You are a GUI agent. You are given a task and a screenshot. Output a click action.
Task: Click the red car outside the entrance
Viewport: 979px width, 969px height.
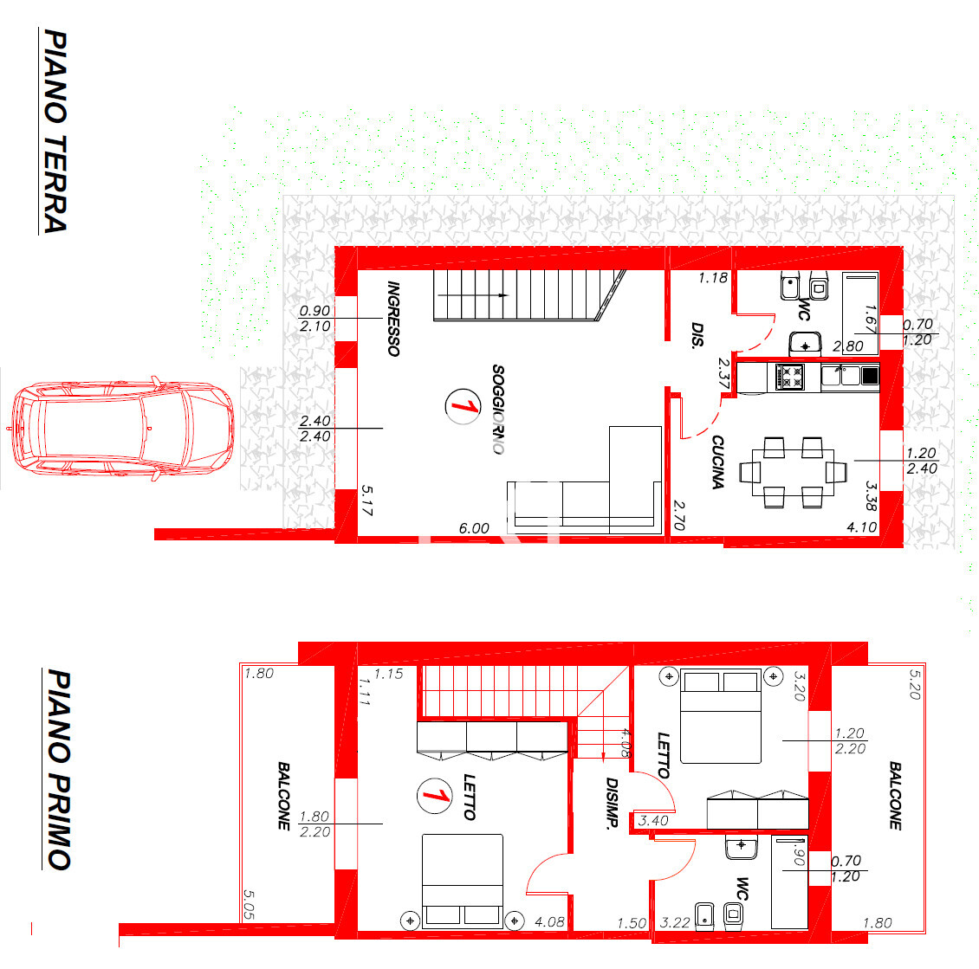coord(122,428)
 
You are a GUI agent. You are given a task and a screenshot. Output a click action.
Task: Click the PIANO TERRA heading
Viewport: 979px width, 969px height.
coord(55,131)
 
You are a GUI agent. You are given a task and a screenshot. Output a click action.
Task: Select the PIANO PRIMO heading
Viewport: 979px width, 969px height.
coord(59,769)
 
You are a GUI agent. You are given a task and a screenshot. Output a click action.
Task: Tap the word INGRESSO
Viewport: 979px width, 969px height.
coord(392,318)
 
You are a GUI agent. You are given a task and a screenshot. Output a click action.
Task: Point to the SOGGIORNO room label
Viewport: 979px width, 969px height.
coord(497,409)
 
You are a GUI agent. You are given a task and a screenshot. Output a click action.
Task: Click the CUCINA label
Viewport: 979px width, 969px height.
coord(717,462)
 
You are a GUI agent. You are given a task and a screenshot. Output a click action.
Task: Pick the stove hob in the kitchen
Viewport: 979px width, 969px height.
coord(789,377)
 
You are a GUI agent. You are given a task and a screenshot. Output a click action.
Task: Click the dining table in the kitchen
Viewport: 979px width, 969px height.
coord(793,472)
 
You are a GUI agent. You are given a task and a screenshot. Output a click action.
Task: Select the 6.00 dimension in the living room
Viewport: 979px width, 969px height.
coord(474,528)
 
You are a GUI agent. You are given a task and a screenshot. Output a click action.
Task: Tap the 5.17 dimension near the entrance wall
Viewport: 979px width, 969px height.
coord(366,501)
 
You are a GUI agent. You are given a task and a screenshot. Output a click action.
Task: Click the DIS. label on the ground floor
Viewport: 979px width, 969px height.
coord(697,334)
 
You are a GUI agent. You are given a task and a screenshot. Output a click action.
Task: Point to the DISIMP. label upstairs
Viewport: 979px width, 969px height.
coord(612,803)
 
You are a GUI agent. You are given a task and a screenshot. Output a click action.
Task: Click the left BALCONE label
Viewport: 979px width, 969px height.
coord(283,796)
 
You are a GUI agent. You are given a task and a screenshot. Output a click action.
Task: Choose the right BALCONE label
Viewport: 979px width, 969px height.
coord(895,796)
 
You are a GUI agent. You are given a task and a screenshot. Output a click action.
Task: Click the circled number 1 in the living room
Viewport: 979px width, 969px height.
coord(463,406)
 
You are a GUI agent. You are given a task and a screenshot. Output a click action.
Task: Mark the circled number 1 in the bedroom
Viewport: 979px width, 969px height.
coord(435,796)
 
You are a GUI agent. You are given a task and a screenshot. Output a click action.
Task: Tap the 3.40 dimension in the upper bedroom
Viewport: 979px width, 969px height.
coord(653,821)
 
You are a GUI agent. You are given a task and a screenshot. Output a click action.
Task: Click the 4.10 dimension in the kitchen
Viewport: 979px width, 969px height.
coord(862,527)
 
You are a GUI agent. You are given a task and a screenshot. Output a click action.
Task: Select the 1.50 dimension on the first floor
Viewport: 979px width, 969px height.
coord(632,923)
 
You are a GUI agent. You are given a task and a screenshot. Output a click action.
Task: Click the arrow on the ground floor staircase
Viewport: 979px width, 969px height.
coord(473,295)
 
